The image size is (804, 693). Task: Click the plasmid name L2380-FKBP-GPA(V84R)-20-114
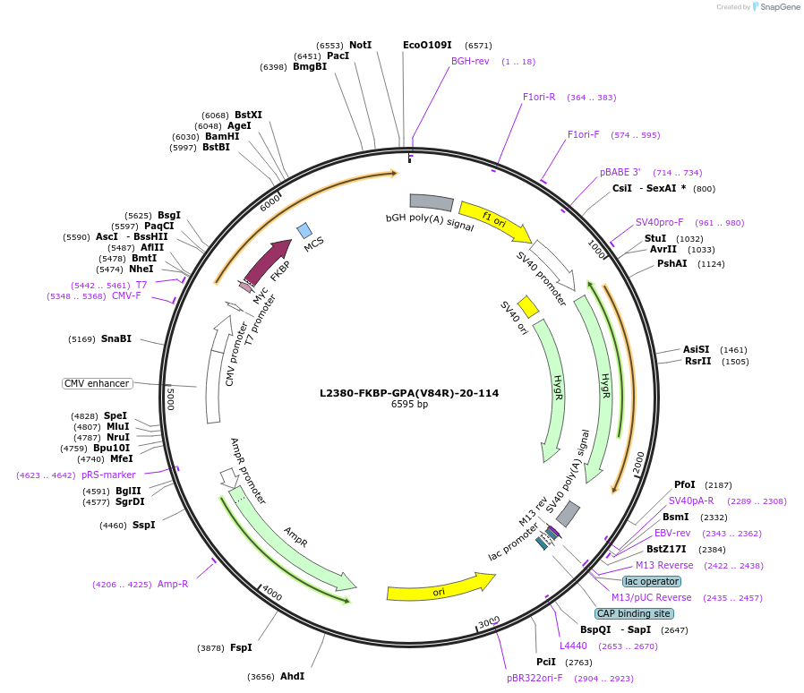click(409, 392)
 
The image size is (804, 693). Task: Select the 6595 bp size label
click(409, 405)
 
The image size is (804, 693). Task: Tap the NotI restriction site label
click(360, 45)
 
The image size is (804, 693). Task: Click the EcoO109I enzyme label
click(427, 45)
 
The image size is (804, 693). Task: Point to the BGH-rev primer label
click(470, 62)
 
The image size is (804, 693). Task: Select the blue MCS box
click(304, 230)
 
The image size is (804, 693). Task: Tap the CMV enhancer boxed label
click(97, 383)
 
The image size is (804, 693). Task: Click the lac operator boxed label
click(652, 581)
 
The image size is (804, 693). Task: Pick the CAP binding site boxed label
click(634, 613)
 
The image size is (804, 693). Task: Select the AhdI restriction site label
click(292, 676)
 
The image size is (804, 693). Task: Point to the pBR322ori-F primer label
click(535, 678)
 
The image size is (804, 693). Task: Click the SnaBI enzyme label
click(116, 338)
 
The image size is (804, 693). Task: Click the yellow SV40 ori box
click(528, 306)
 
